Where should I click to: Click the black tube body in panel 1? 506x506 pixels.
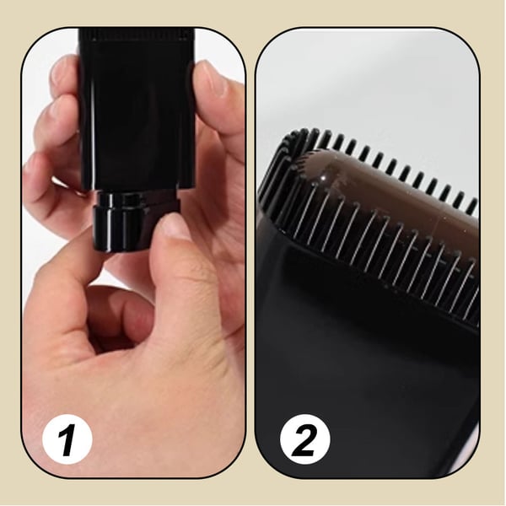(x=135, y=110)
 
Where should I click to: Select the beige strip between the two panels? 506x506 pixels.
(x=250, y=253)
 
